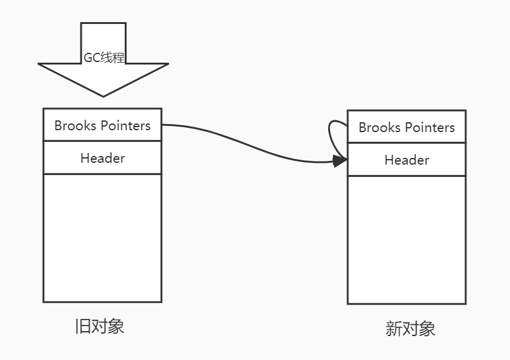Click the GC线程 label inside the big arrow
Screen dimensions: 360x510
103,58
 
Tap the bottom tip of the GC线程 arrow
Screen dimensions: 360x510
103,96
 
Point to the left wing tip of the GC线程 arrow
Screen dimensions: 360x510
39,64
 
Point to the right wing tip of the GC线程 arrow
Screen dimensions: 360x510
168,64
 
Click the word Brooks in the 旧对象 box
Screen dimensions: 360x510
76,125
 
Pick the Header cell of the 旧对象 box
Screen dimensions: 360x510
102,158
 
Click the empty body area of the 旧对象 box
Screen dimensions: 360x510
102,238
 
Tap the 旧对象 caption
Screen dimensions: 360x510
99,326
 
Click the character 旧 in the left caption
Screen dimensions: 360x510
82,326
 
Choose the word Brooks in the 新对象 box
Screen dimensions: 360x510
380,127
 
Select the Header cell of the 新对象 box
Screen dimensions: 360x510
406,160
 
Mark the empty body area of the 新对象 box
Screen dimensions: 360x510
406,240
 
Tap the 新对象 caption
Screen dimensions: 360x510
410,329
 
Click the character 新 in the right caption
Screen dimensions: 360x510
393,329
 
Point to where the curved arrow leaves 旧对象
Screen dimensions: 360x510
163,125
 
